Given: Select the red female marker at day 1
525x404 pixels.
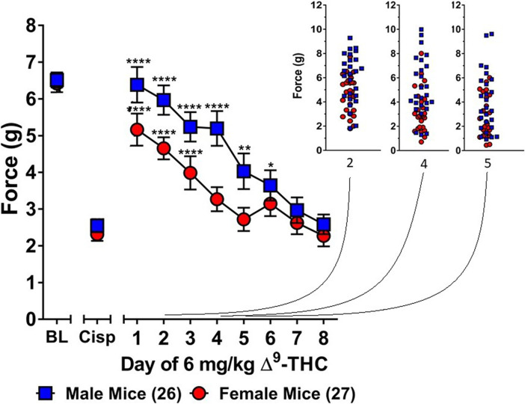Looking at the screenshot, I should (x=137, y=130).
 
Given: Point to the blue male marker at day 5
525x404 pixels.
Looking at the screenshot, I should (x=243, y=171).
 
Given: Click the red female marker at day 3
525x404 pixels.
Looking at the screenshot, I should (x=190, y=173).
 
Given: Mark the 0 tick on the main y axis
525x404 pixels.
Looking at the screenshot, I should (x=30, y=319).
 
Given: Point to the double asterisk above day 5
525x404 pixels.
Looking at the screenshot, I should (x=243, y=148).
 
